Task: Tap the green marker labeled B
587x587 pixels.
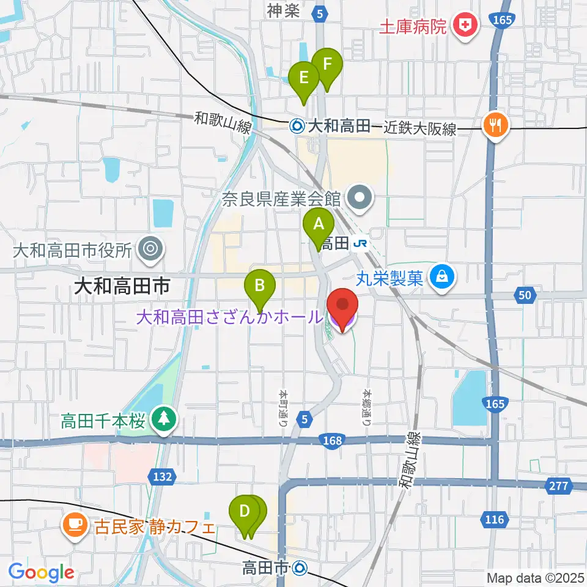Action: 260,285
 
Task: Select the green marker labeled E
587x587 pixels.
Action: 304,78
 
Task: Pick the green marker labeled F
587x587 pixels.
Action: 327,64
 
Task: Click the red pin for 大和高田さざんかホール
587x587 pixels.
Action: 342,306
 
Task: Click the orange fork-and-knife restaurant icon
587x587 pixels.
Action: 495,126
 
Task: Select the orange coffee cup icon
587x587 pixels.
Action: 75,524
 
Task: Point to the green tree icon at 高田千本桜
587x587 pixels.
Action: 164,420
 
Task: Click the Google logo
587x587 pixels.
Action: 42,573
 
